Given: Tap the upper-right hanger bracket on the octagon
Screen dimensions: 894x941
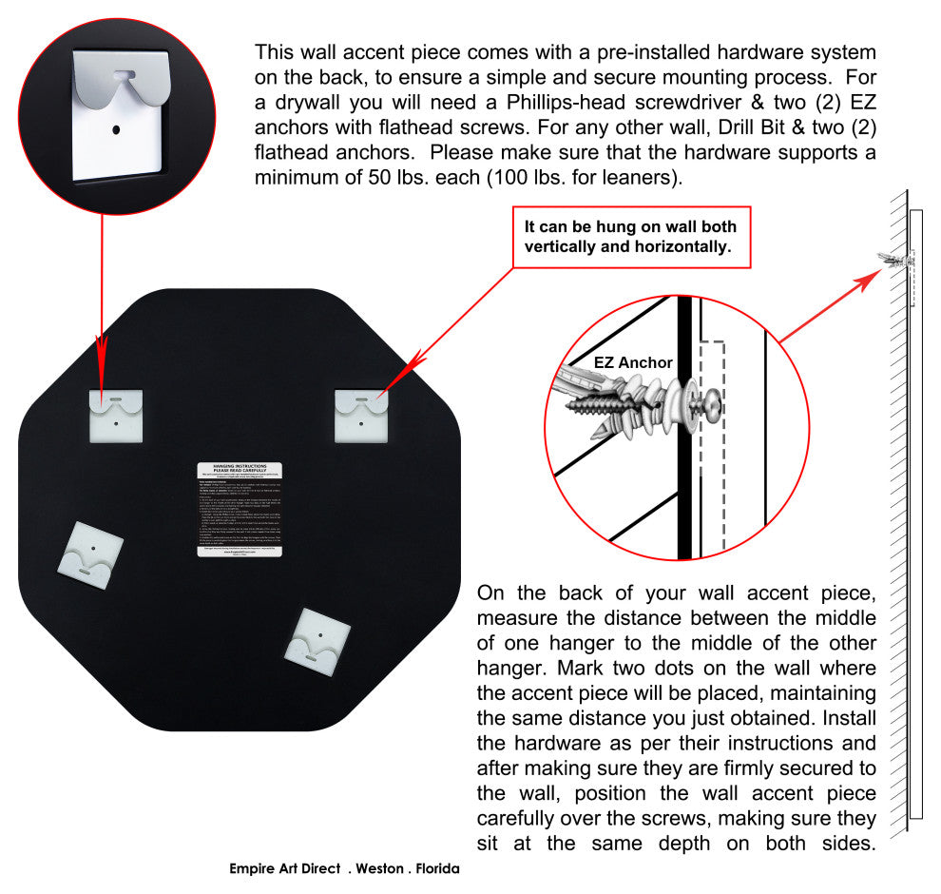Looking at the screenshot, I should pyautogui.click(x=361, y=416).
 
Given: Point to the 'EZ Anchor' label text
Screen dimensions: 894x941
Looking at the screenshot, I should pyautogui.click(x=633, y=362).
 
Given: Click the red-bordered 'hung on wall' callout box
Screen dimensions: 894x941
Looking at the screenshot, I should pyautogui.click(x=631, y=237).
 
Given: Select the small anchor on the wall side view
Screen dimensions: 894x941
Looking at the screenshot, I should pyautogui.click(x=898, y=258).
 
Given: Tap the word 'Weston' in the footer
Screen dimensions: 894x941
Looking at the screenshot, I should pyautogui.click(x=379, y=868).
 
